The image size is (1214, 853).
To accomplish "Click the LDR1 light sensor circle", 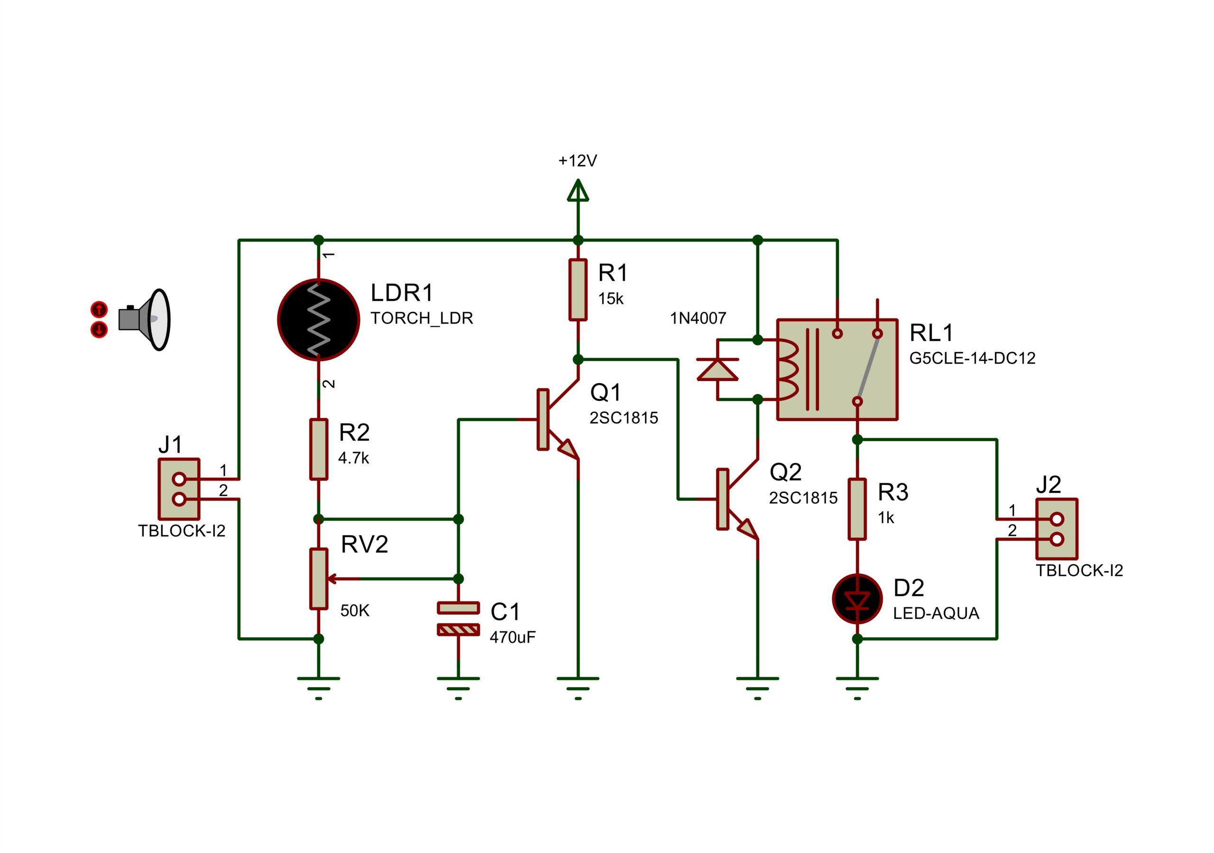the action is point(318,320).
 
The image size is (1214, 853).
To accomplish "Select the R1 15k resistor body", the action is point(578,290).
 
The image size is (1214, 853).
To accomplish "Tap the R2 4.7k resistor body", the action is point(318,449).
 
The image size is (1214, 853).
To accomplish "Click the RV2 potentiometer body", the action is point(318,579).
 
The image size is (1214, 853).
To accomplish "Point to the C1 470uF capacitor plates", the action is point(459,618).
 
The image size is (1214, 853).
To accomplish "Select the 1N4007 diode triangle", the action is point(717,370).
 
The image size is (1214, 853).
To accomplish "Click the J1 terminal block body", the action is point(179,489).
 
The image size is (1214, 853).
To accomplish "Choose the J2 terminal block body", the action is point(1057,528).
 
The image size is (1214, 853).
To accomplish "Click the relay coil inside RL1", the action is point(787,370).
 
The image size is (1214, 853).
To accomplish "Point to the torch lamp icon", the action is point(144,319).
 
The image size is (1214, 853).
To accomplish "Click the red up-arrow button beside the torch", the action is point(99,309).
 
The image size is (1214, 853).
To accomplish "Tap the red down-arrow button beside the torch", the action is point(99,330).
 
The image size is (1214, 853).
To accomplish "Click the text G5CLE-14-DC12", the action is point(972,358).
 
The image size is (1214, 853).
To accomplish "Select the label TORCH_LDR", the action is point(422,318).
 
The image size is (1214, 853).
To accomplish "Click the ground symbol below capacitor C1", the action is point(459,689).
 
